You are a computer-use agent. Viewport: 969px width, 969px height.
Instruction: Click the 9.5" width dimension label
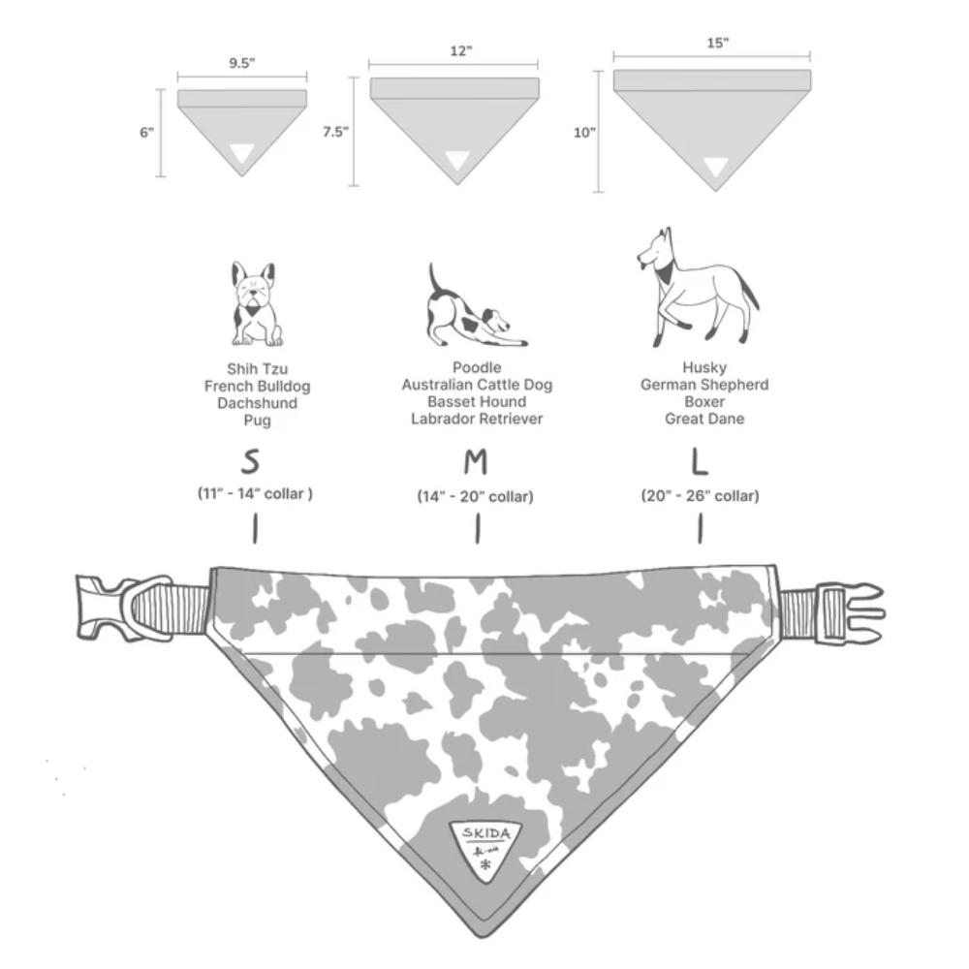242,64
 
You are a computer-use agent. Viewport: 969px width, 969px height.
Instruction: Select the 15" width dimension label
717,43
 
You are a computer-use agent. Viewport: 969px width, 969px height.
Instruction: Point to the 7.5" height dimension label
335,133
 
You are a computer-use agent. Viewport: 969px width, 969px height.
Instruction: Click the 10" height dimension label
583,134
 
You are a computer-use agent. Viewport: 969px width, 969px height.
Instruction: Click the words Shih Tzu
257,369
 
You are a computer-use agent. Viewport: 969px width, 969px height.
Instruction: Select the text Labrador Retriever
477,419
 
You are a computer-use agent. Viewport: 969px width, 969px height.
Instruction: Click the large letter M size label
475,462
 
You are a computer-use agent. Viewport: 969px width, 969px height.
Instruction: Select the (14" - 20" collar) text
475,497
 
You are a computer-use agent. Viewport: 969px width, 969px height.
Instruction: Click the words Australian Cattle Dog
477,385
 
